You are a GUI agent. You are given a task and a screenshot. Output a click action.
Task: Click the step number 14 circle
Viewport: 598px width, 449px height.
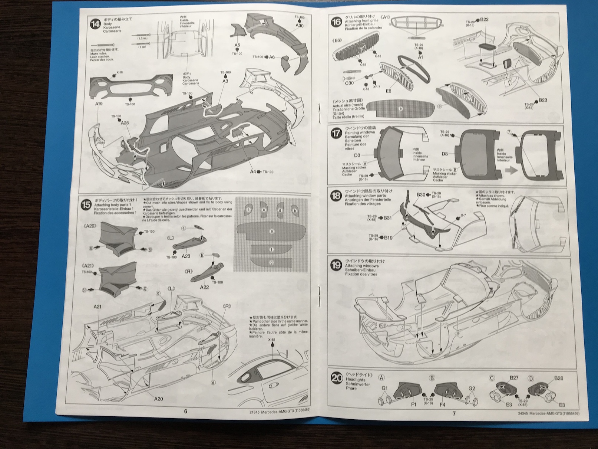(96, 24)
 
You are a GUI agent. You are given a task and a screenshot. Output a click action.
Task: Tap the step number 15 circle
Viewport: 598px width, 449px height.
(86, 204)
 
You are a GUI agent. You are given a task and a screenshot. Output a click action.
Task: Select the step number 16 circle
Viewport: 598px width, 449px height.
(336, 22)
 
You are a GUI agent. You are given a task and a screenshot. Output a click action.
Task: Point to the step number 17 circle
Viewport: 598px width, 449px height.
(336, 133)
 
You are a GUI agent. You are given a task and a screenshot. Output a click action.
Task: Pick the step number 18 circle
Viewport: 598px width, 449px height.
(336, 196)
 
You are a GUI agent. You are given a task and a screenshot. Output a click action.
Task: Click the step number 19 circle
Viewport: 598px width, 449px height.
(336, 265)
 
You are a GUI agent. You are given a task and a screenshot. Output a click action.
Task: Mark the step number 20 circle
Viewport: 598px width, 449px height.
(337, 378)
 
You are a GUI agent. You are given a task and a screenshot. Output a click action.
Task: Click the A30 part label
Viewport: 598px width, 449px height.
(300, 26)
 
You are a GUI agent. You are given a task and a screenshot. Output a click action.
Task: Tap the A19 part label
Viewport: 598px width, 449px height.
(99, 104)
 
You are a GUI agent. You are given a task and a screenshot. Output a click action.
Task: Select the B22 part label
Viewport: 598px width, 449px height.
(484, 20)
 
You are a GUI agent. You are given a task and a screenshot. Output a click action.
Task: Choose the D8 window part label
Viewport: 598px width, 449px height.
(445, 153)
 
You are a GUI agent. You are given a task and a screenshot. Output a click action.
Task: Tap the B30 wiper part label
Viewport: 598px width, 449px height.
(421, 194)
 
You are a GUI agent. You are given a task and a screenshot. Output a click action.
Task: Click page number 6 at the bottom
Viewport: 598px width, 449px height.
(185, 411)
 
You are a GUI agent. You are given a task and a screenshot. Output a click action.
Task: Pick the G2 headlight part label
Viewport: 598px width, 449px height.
(472, 389)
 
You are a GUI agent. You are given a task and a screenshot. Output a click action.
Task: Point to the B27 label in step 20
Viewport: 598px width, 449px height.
(513, 378)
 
